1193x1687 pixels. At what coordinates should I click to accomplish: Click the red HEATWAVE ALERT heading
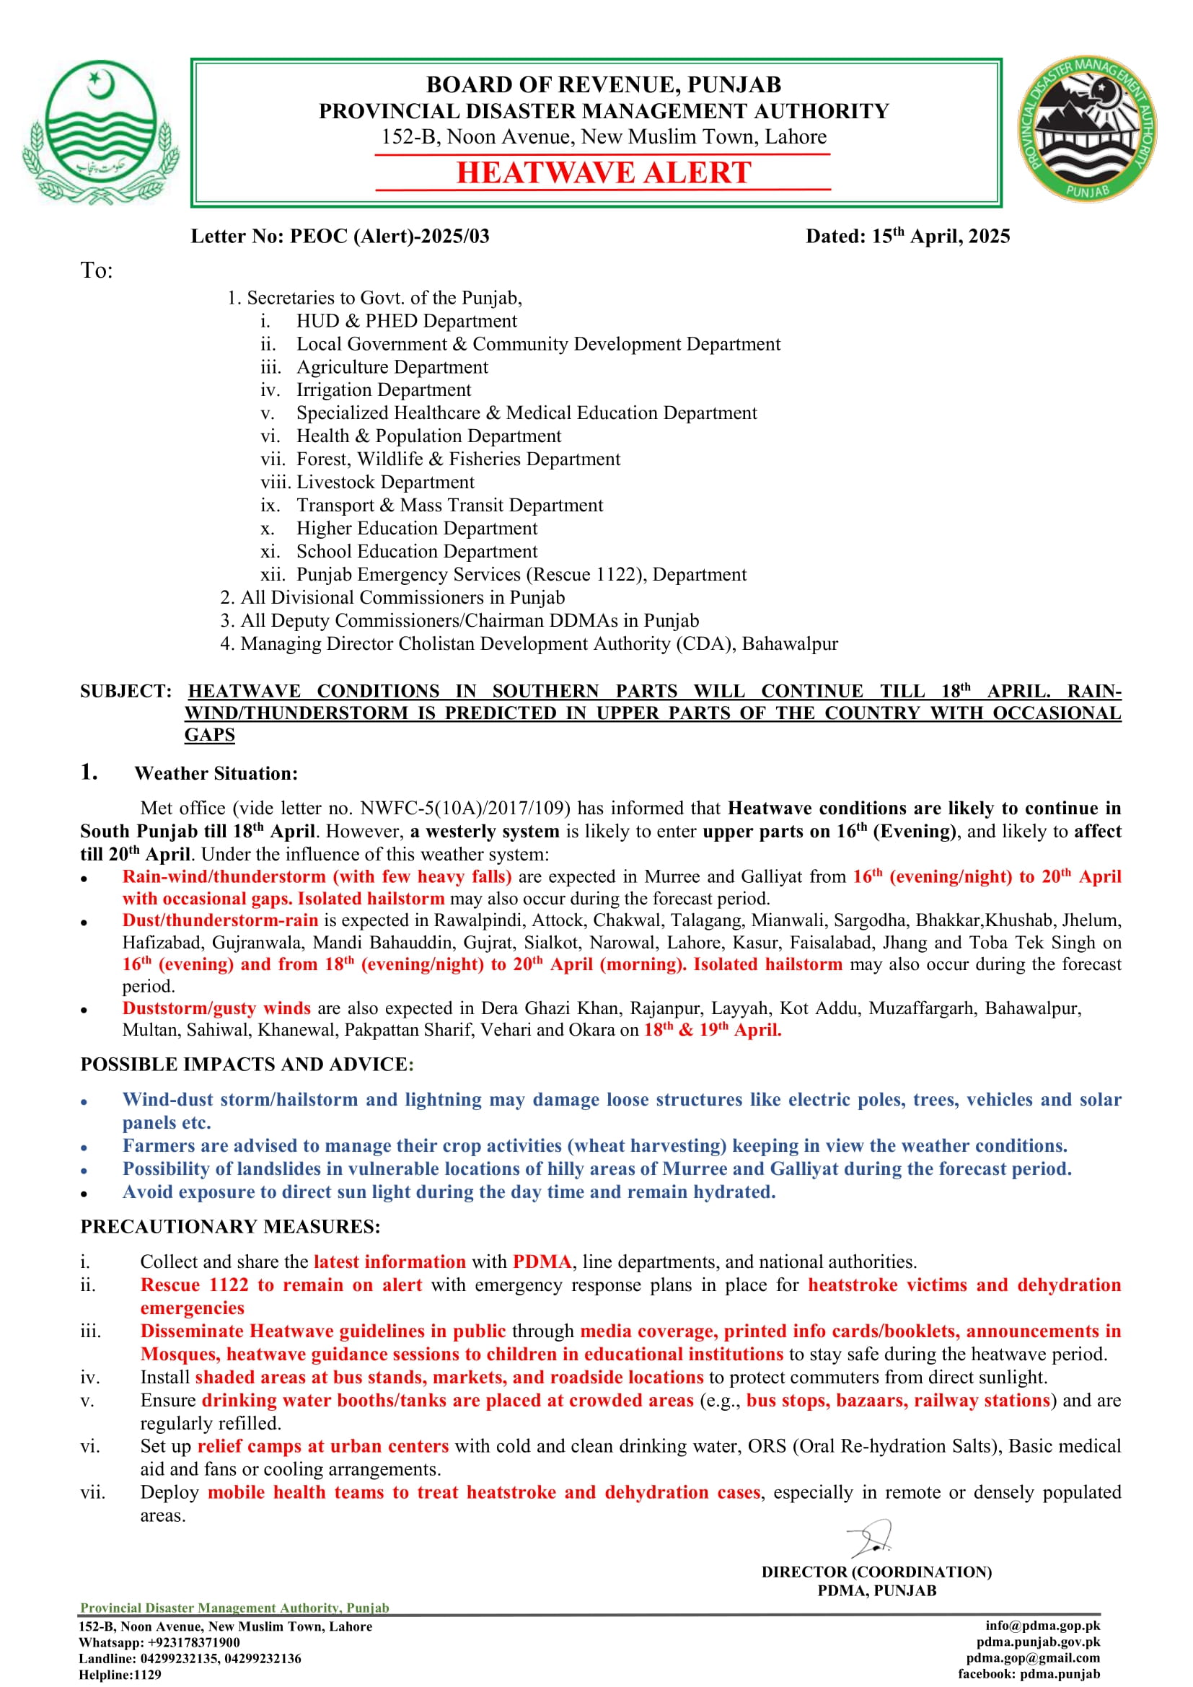tap(603, 172)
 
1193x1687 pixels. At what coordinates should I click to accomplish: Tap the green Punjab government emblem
tap(101, 131)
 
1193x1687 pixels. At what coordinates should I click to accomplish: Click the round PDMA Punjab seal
tap(1086, 130)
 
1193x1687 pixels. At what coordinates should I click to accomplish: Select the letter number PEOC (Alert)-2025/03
tap(340, 236)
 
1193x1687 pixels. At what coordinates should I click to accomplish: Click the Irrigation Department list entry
tap(384, 390)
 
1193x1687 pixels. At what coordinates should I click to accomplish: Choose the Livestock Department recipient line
tap(385, 482)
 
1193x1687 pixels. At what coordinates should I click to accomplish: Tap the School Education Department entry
tap(416, 551)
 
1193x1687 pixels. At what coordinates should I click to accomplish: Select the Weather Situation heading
tap(216, 773)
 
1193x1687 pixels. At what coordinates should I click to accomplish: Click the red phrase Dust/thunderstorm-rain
tap(221, 920)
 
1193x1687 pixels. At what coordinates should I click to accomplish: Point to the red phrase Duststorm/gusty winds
tap(216, 1008)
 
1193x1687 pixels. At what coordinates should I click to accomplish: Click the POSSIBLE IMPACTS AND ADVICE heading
tap(247, 1064)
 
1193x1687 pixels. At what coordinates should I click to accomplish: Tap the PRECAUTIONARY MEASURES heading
tap(230, 1226)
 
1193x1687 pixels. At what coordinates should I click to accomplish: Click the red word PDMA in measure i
tap(542, 1261)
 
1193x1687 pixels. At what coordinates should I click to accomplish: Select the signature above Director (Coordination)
tap(871, 1538)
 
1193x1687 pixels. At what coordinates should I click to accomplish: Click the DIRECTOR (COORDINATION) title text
tap(876, 1572)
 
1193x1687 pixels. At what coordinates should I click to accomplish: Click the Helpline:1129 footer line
tap(120, 1675)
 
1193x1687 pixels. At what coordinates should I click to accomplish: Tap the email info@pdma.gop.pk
tap(1042, 1626)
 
